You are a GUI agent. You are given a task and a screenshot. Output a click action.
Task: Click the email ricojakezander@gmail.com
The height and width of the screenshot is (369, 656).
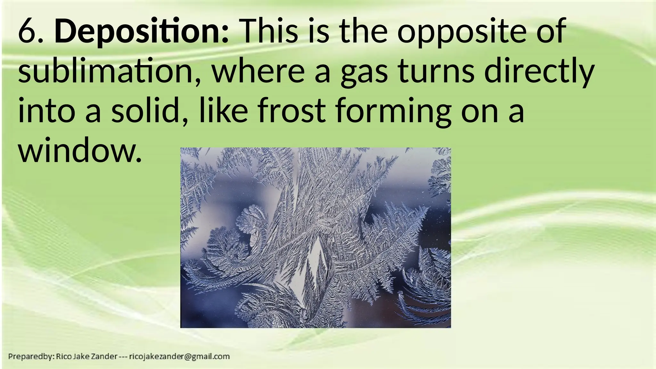[179, 357]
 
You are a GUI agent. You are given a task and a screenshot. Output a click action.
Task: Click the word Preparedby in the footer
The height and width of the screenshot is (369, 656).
[30, 357]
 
